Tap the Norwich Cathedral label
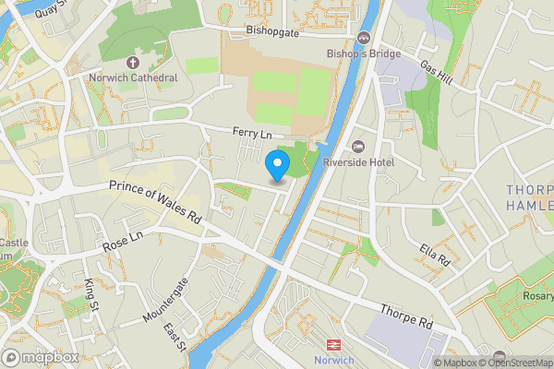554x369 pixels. [133, 78]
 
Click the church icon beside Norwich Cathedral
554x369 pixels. [132, 63]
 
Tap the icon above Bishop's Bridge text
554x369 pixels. [363, 38]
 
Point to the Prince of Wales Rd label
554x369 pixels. [154, 204]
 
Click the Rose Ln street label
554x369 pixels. [123, 243]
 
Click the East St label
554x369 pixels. [175, 339]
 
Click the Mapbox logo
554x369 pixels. [39, 357]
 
